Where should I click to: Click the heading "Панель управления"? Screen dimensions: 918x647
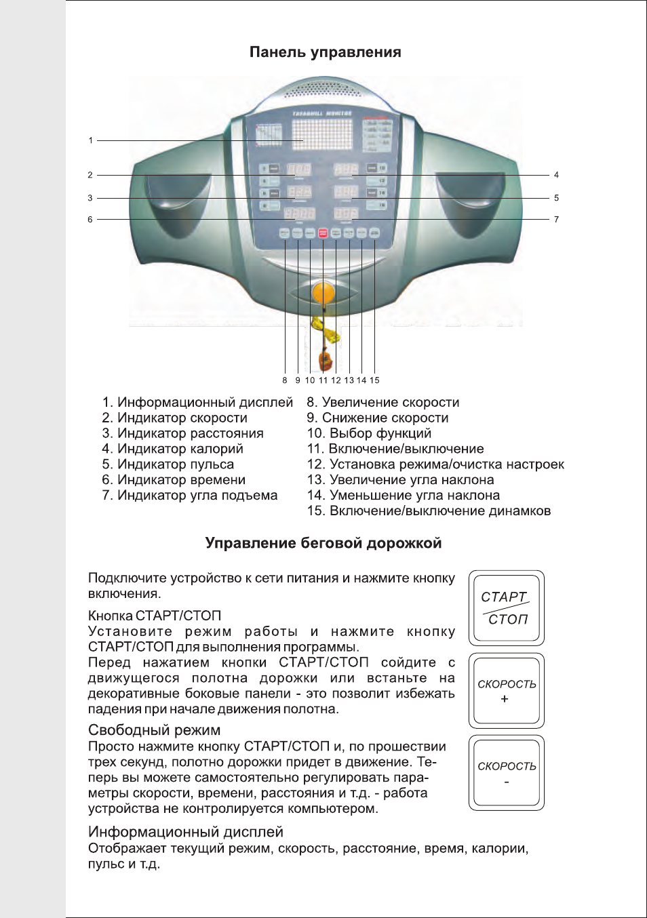point(325,52)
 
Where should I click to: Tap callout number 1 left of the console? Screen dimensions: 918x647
point(90,140)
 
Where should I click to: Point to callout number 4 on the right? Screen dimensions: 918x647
point(556,175)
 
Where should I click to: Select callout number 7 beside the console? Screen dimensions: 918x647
point(556,220)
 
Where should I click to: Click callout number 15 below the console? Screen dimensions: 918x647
point(374,380)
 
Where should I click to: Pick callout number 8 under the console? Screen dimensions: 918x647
point(285,380)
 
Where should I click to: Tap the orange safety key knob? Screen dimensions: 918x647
point(323,294)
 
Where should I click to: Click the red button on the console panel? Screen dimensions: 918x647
point(323,233)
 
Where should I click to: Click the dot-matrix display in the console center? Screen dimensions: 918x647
point(323,134)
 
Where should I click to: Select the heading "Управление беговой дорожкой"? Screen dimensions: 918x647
point(323,543)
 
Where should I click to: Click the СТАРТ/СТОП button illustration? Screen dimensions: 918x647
point(506,607)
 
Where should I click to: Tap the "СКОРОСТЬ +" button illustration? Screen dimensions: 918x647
point(506,690)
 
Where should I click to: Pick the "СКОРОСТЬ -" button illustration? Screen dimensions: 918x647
point(506,772)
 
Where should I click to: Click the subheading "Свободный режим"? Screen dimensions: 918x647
point(155,730)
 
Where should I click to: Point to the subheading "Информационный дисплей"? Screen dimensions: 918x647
point(186,832)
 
